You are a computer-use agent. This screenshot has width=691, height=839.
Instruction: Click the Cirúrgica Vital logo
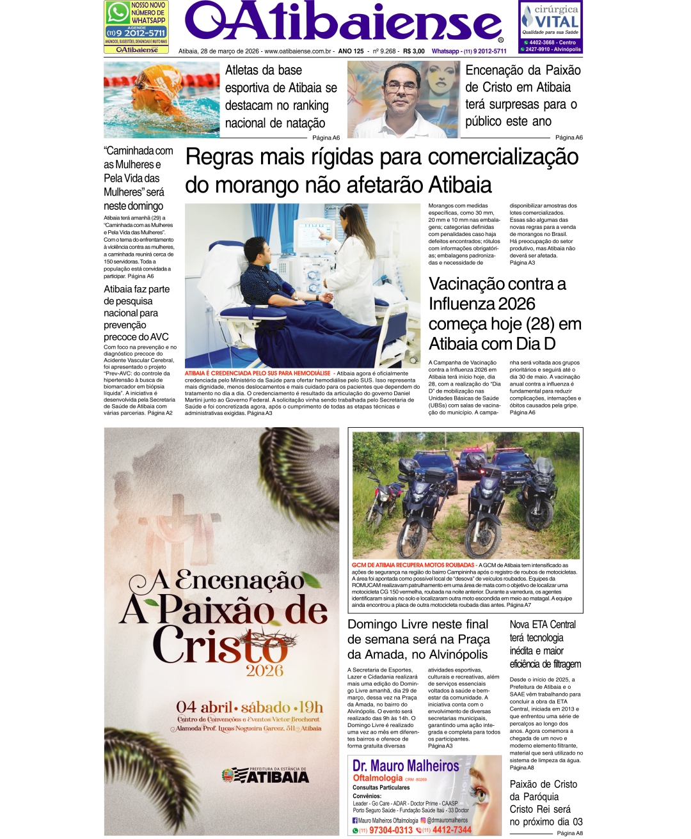550,20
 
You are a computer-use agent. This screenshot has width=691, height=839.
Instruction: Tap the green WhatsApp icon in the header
118,13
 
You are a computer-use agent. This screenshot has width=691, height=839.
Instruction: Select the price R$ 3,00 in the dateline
414,51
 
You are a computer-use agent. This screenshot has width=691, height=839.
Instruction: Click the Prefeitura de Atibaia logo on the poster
265,775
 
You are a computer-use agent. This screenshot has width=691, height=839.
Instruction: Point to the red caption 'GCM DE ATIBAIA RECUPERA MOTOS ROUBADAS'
413,565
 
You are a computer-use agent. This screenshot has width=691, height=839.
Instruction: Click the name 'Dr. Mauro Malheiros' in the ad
406,766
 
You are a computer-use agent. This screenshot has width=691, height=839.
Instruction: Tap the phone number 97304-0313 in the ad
390,830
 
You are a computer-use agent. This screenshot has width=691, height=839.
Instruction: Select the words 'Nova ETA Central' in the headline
543,625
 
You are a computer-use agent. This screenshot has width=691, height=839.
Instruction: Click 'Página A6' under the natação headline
326,137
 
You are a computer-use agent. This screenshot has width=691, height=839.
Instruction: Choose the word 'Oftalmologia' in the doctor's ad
377,778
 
